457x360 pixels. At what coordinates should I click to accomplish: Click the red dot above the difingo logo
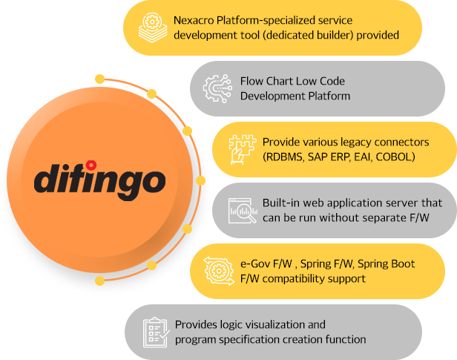91,165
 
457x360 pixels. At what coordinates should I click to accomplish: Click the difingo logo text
99,180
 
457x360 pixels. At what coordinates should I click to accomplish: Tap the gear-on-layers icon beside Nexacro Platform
153,27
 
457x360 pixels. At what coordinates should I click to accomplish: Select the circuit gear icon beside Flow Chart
217,88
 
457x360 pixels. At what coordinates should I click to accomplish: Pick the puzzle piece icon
243,149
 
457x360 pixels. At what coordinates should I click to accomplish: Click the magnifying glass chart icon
243,211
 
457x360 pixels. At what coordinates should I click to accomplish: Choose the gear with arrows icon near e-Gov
219,271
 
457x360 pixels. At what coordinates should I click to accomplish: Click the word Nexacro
194,20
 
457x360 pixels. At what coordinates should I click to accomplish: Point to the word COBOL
395,157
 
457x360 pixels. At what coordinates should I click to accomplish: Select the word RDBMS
283,157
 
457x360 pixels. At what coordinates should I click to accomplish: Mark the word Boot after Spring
403,264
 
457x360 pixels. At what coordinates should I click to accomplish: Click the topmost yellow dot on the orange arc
99,79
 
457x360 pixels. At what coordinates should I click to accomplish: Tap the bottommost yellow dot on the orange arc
99,281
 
